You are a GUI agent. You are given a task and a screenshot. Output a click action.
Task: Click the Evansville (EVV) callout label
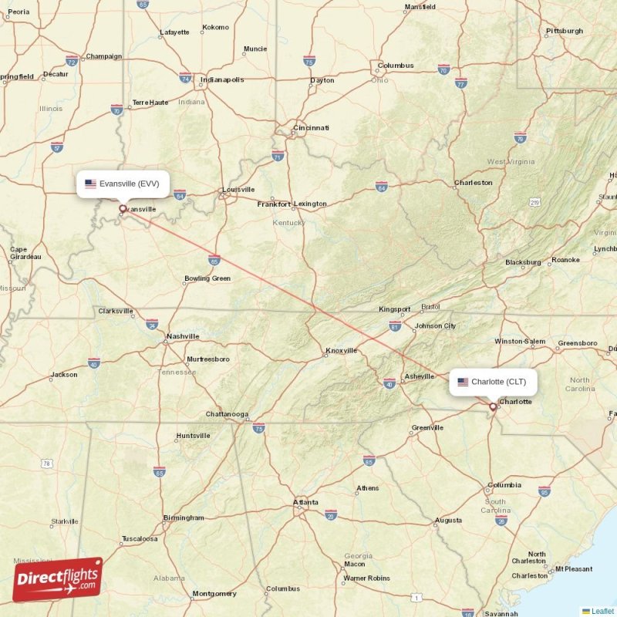coord(123,184)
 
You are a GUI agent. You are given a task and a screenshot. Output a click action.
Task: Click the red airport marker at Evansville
coord(122,208)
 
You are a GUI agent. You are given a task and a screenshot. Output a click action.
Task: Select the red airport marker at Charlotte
coord(493,406)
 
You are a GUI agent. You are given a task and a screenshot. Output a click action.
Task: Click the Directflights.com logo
coord(57,579)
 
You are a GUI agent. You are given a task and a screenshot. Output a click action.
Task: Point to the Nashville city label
coord(184,336)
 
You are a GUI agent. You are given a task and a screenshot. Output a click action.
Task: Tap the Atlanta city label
coord(305,503)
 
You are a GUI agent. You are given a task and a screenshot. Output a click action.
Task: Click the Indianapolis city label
coord(222,79)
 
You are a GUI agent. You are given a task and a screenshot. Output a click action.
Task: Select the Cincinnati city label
coord(312,127)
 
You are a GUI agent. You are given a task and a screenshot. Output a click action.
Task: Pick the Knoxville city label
coord(342,350)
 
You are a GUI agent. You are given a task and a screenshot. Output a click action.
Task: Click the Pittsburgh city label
coord(565,31)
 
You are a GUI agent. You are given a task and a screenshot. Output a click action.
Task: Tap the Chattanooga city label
coord(227,414)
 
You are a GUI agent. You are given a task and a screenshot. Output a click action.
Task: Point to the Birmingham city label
coord(184,518)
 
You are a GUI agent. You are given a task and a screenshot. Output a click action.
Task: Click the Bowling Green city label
coord(207,278)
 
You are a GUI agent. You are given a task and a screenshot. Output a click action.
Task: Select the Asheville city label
coord(420,376)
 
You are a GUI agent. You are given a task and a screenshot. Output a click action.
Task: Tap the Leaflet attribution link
coord(602,611)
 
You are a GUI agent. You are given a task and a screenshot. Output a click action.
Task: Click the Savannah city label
coord(501,614)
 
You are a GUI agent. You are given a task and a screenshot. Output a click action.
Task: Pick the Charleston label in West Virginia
coord(473,183)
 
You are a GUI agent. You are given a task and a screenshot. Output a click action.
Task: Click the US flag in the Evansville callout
coord(90,184)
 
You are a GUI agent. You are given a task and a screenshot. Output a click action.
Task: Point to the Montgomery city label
coord(214,594)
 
